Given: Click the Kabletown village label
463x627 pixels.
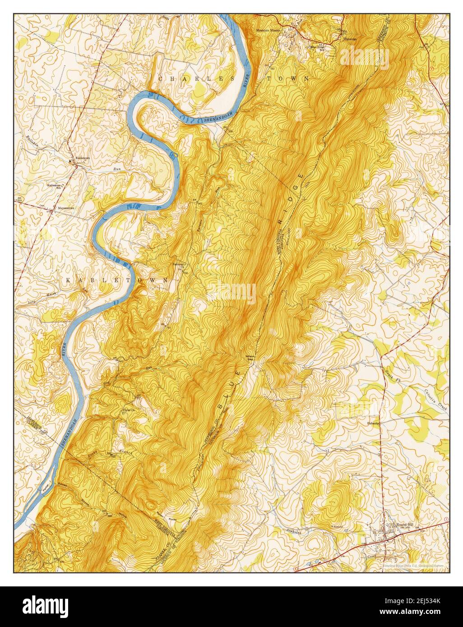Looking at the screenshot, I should [x=82, y=158].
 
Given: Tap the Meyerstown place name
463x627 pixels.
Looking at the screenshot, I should [x=66, y=208].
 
